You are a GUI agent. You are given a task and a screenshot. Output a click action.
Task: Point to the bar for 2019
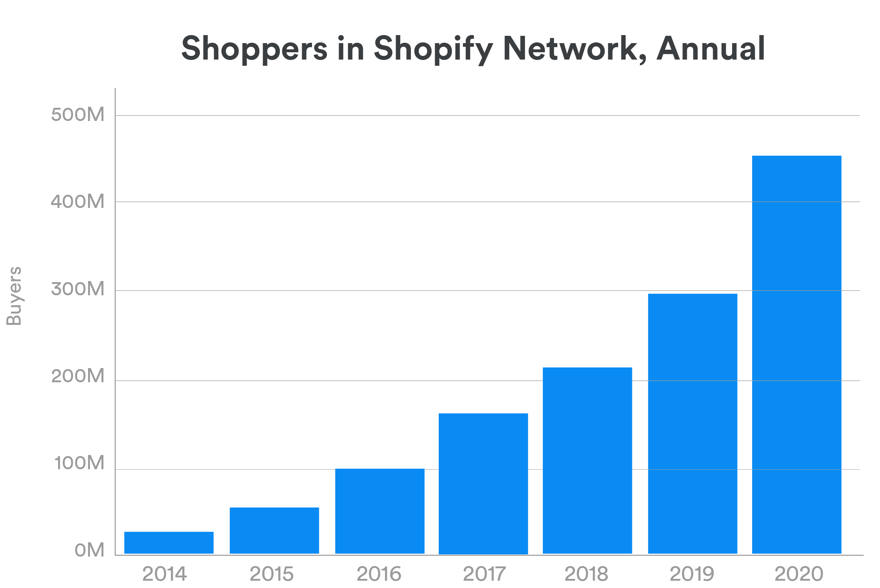(692, 424)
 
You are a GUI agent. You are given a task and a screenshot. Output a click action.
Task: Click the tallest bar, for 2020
(796, 354)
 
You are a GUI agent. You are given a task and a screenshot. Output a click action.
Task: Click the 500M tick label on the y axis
(77, 114)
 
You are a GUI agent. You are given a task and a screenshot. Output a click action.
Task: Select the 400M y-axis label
(77, 201)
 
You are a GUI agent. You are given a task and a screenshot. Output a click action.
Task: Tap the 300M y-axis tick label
(77, 289)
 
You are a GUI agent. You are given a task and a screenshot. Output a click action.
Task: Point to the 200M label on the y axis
(77, 376)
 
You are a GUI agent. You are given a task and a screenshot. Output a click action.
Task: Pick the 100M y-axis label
(79, 463)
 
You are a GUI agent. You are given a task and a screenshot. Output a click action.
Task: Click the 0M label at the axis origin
(89, 550)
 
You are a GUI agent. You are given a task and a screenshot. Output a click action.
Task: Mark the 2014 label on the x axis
(164, 574)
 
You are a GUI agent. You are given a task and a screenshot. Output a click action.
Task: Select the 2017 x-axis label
(484, 574)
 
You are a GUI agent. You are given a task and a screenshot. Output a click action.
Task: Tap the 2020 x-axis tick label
(799, 574)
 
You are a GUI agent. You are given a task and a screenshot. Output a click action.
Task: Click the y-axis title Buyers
(14, 296)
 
